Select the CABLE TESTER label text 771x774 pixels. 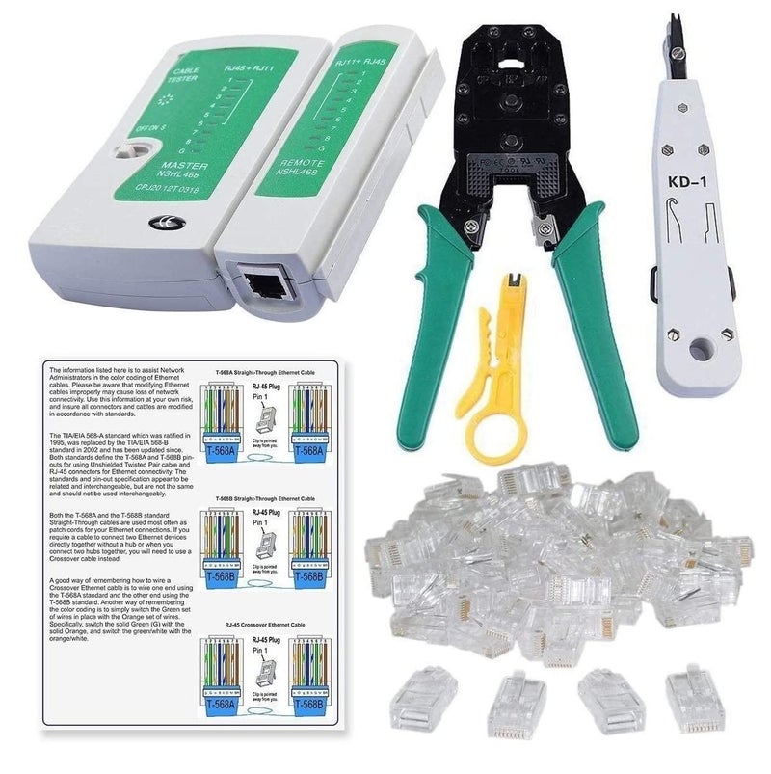click(182, 75)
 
